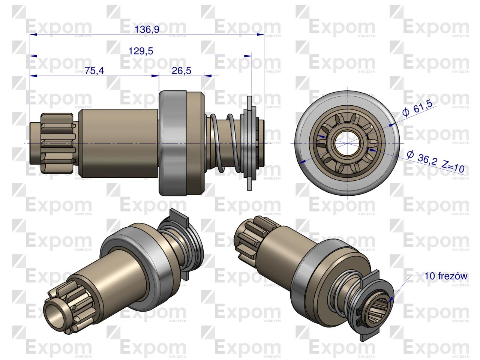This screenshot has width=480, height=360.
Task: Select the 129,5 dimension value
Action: [141, 51]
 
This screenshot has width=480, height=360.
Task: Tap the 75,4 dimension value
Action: [94, 71]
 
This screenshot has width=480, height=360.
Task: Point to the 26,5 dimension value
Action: [181, 71]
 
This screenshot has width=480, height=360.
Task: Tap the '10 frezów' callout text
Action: [445, 276]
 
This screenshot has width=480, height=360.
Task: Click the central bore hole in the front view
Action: [347, 143]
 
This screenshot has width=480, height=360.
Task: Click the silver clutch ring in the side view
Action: [172, 143]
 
